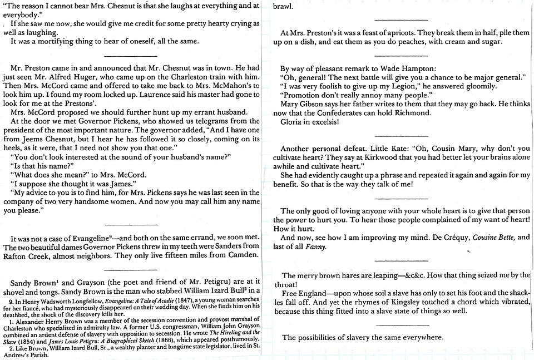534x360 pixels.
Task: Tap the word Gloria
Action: coord(293,121)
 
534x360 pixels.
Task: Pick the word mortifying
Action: coord(57,42)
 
